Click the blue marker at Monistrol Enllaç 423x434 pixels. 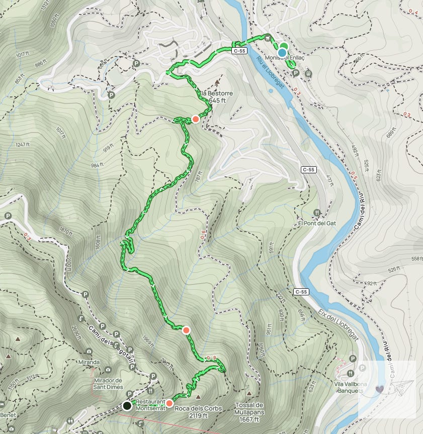pyautogui.click(x=282, y=52)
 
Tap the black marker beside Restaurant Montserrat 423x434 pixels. pyautogui.click(x=127, y=405)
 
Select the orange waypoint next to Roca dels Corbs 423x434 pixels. pyautogui.click(x=170, y=403)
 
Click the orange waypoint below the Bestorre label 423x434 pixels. pyautogui.click(x=195, y=119)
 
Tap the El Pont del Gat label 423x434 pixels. pyautogui.click(x=316, y=223)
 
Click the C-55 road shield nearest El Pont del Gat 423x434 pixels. pyautogui.click(x=308, y=170)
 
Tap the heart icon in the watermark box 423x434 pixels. pyautogui.click(x=379, y=388)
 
